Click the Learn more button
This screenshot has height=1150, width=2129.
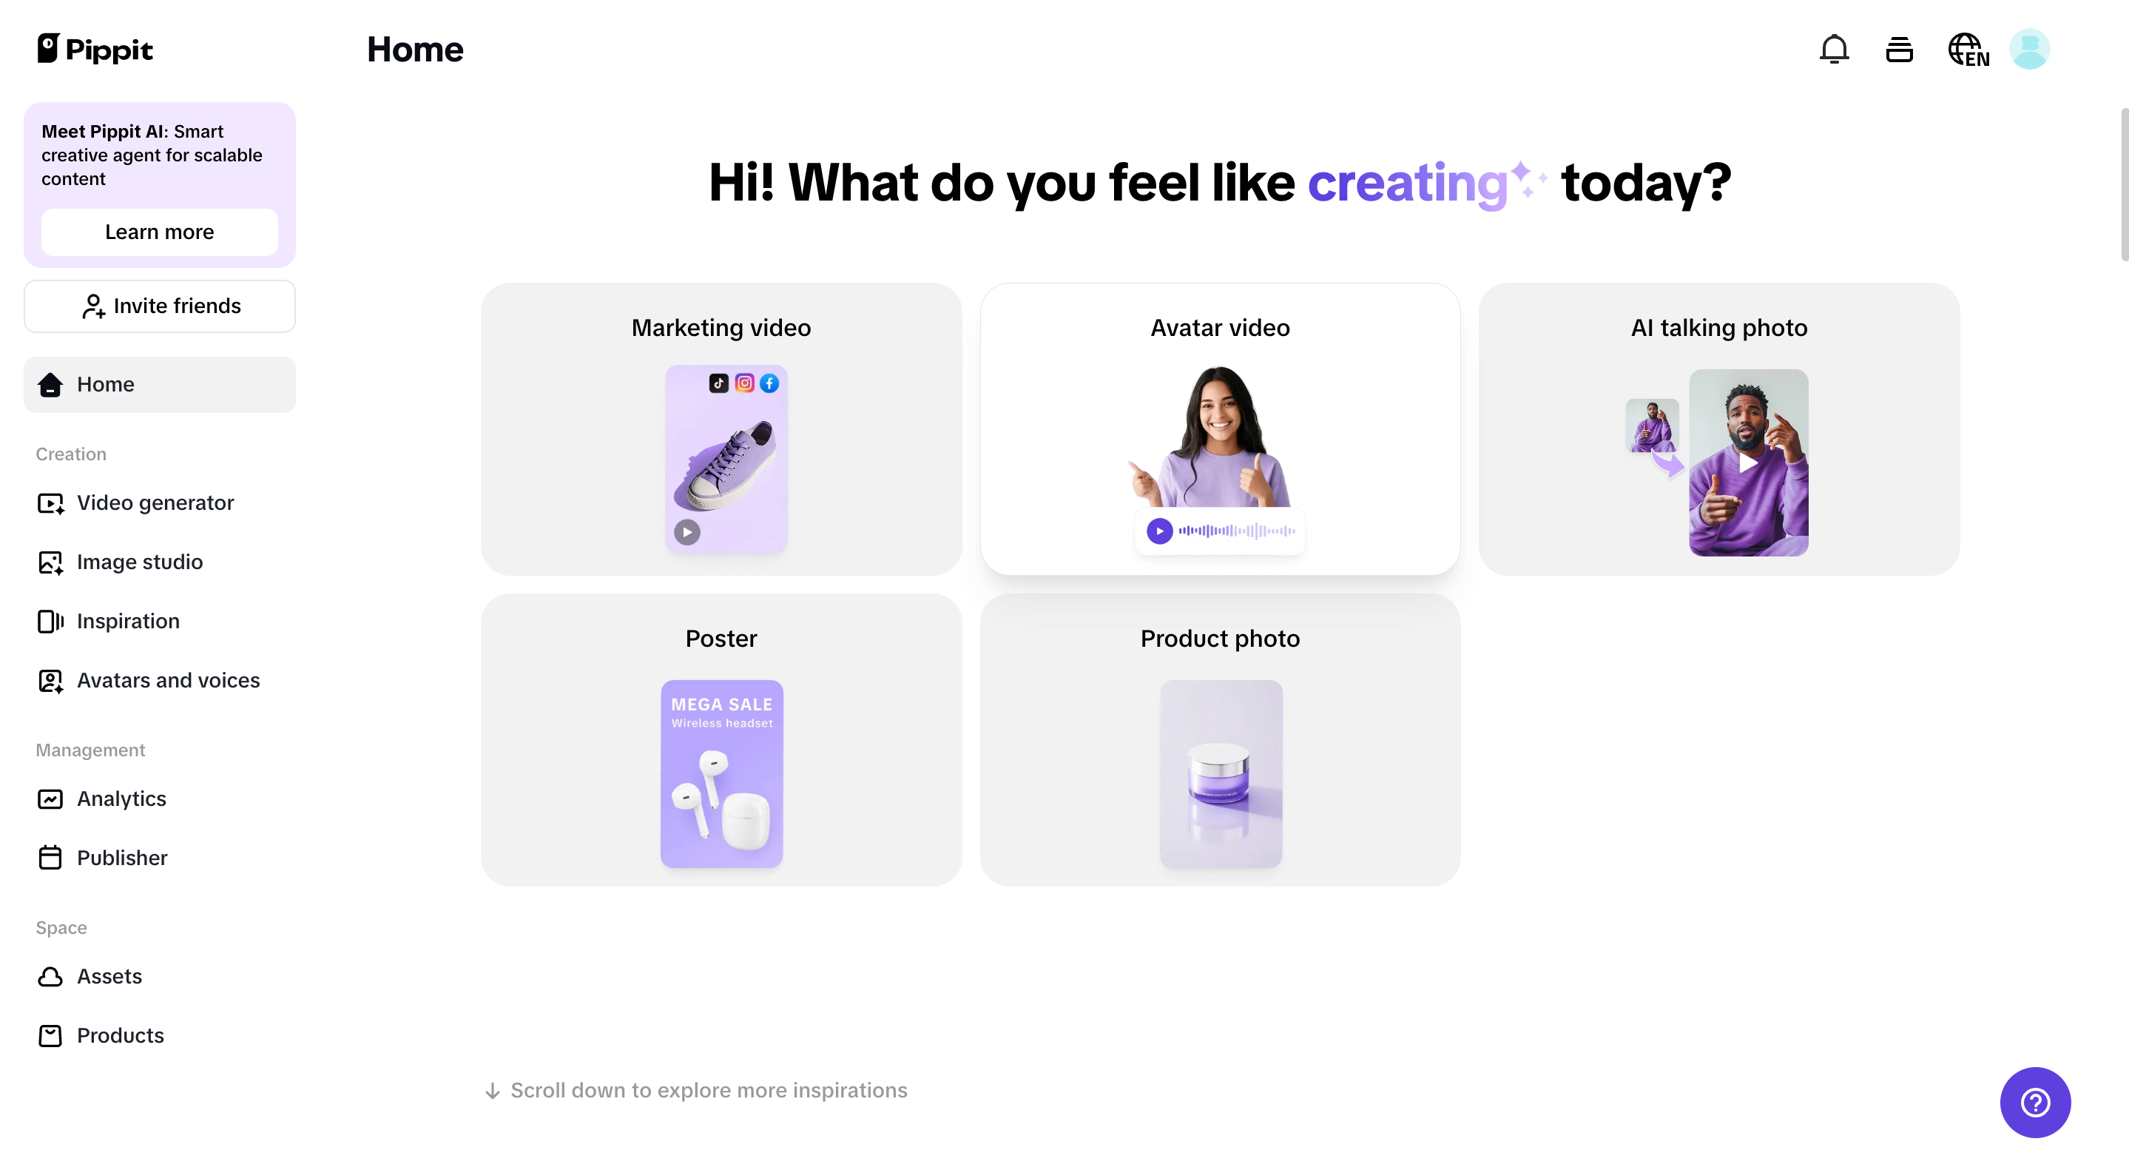pyautogui.click(x=160, y=232)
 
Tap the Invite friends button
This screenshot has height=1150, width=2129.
pyautogui.click(x=160, y=306)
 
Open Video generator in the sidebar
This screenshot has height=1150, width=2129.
pyautogui.click(x=155, y=502)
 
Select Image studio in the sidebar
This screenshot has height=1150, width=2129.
pyautogui.click(x=139, y=562)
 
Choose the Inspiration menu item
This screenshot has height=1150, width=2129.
pyautogui.click(x=127, y=621)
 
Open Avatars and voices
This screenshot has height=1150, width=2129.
pyautogui.click(x=168, y=680)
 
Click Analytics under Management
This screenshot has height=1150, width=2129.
pyautogui.click(x=121, y=798)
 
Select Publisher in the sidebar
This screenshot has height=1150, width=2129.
pyautogui.click(x=121, y=858)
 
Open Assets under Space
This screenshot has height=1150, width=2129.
pyautogui.click(x=109, y=976)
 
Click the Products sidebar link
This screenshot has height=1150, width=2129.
pyautogui.click(x=120, y=1035)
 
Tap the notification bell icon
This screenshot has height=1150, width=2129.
pyautogui.click(x=1833, y=50)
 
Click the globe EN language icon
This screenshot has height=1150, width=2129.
pyautogui.click(x=1967, y=50)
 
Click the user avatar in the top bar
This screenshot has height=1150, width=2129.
pyautogui.click(x=2029, y=50)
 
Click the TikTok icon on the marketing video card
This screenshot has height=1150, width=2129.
pyautogui.click(x=718, y=383)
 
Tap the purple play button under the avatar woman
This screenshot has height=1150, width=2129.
pyautogui.click(x=1159, y=531)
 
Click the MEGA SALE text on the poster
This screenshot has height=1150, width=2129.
pyautogui.click(x=721, y=705)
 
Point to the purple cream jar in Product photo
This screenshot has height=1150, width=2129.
pyautogui.click(x=1218, y=774)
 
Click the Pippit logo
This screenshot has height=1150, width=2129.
pyautogui.click(x=95, y=50)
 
